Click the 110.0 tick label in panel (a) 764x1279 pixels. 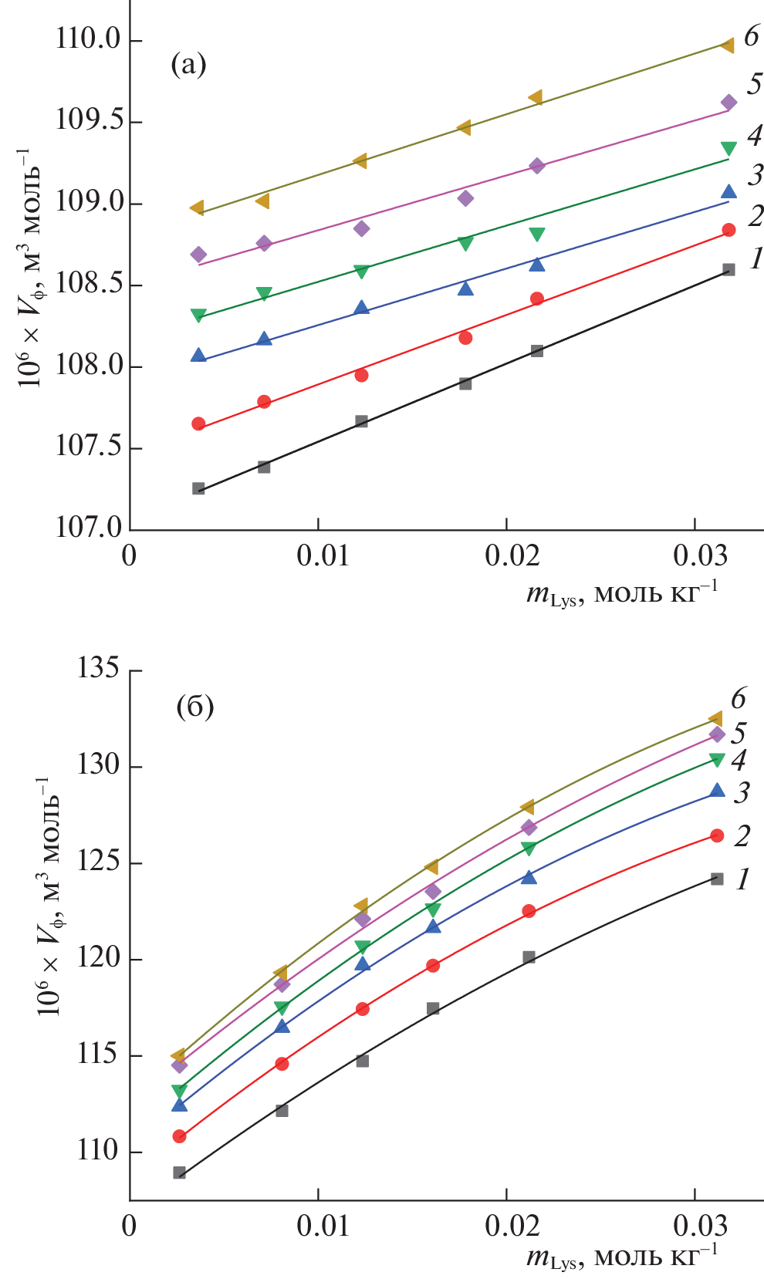point(88,39)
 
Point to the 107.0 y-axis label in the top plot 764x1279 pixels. point(88,528)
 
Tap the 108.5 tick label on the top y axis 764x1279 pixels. point(88,284)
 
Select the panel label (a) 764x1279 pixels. point(188,65)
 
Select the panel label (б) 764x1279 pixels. point(194,706)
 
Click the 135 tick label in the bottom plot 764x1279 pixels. point(98,668)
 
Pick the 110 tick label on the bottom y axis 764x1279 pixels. point(98,1151)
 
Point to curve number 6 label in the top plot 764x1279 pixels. point(751,35)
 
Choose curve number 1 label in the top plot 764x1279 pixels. point(756,258)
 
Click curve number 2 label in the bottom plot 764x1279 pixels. point(742,835)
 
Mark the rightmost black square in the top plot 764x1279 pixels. point(729,270)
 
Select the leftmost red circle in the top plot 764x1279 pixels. point(198,424)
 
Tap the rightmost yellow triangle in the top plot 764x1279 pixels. point(727,46)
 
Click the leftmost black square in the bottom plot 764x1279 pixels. point(180,1173)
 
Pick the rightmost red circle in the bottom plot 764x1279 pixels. point(717,835)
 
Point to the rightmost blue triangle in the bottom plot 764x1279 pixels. point(717,790)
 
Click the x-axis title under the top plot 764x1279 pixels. point(621,594)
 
